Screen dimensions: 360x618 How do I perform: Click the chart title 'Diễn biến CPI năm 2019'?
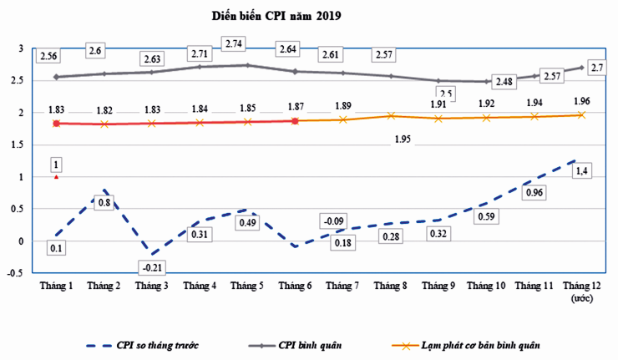pos(276,14)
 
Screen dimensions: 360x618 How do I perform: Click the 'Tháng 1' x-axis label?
pos(56,286)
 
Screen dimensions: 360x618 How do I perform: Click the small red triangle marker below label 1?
pos(55,176)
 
